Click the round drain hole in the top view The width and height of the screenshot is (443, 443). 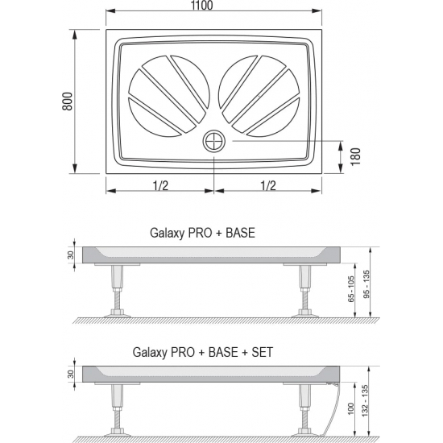pyautogui.click(x=214, y=141)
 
